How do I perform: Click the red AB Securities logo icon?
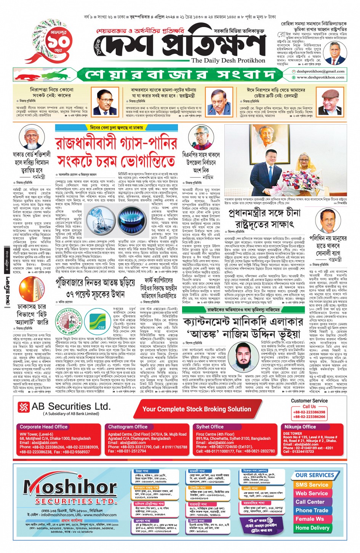point(24,407)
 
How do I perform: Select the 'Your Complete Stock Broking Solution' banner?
point(197,409)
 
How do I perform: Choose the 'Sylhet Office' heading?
point(210,427)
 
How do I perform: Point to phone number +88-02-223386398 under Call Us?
point(309,412)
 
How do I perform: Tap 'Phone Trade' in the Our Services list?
point(312,510)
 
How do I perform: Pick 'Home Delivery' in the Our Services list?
point(312,528)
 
